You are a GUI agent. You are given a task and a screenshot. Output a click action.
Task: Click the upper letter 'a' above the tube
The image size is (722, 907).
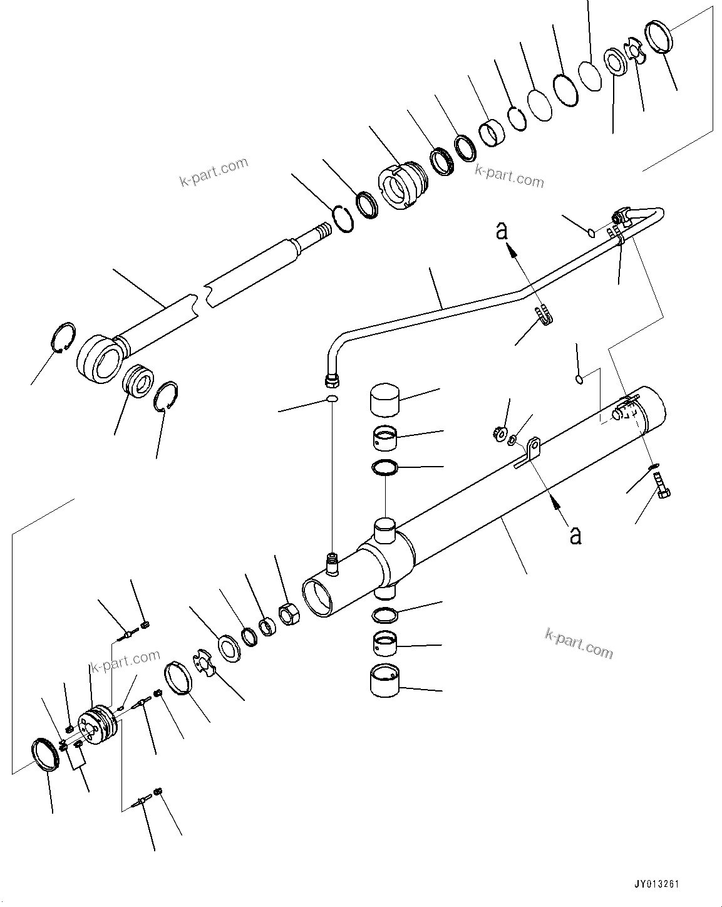click(x=501, y=231)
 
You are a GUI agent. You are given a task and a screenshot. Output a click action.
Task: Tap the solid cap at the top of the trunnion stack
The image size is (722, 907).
click(x=384, y=400)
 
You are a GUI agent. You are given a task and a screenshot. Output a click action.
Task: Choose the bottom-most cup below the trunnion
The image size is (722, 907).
click(x=384, y=681)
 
